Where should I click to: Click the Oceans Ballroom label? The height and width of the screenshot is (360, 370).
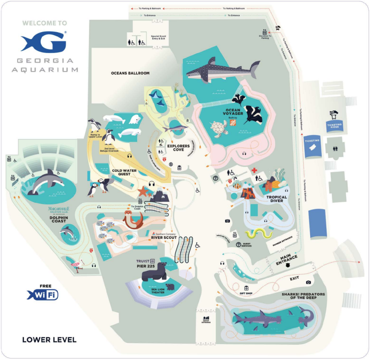click(x=130, y=73)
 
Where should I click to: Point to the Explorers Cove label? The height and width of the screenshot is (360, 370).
click(x=178, y=148)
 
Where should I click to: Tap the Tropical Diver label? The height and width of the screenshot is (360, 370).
click(x=277, y=199)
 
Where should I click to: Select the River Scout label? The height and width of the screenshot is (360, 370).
click(x=163, y=237)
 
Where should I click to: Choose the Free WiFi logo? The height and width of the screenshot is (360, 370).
click(x=43, y=294)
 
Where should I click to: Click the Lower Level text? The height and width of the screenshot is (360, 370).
click(x=49, y=340)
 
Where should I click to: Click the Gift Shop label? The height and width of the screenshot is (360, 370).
click(x=246, y=294)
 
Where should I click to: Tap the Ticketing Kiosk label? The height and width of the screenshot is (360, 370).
click(x=335, y=126)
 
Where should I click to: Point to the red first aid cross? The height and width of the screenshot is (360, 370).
click(x=255, y=170)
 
